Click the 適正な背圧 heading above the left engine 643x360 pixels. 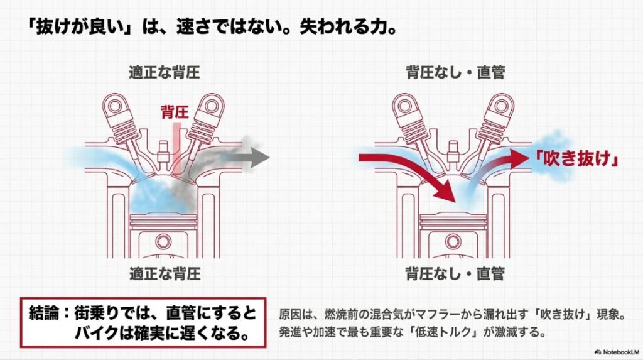(x=165, y=72)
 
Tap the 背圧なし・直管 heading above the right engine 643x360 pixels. (x=456, y=72)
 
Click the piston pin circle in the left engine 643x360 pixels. (x=165, y=240)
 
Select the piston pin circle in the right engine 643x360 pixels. (x=455, y=240)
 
